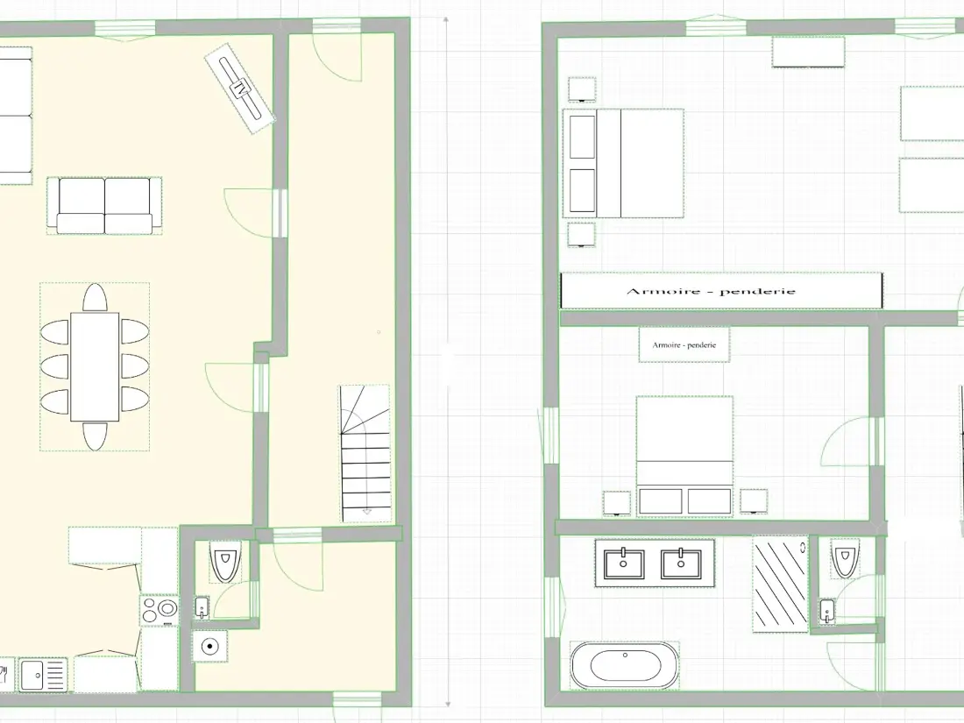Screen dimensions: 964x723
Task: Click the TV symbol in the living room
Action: click(239, 88)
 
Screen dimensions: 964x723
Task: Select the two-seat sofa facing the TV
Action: click(104, 206)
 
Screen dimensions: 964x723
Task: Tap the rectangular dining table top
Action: click(95, 367)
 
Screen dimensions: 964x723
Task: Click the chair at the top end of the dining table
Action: click(95, 298)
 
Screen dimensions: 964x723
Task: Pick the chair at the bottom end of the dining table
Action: click(95, 436)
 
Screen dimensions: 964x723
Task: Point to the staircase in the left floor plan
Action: click(365, 454)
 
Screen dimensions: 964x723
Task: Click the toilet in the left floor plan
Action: click(225, 561)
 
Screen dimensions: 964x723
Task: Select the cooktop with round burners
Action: click(159, 611)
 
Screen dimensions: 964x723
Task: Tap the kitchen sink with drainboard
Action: click(43, 675)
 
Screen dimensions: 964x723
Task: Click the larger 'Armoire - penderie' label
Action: click(711, 292)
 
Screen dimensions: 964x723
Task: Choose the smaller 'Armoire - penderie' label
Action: click(684, 345)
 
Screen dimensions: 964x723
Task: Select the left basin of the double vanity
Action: click(624, 564)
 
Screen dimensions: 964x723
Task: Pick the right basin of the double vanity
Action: click(681, 564)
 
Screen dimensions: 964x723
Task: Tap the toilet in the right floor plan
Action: click(846, 559)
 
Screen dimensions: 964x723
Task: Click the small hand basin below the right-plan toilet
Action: click(827, 612)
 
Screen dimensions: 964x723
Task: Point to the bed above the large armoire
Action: click(623, 164)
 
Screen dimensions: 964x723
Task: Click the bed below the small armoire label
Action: click(684, 457)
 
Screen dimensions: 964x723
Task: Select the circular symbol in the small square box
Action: click(210, 646)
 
